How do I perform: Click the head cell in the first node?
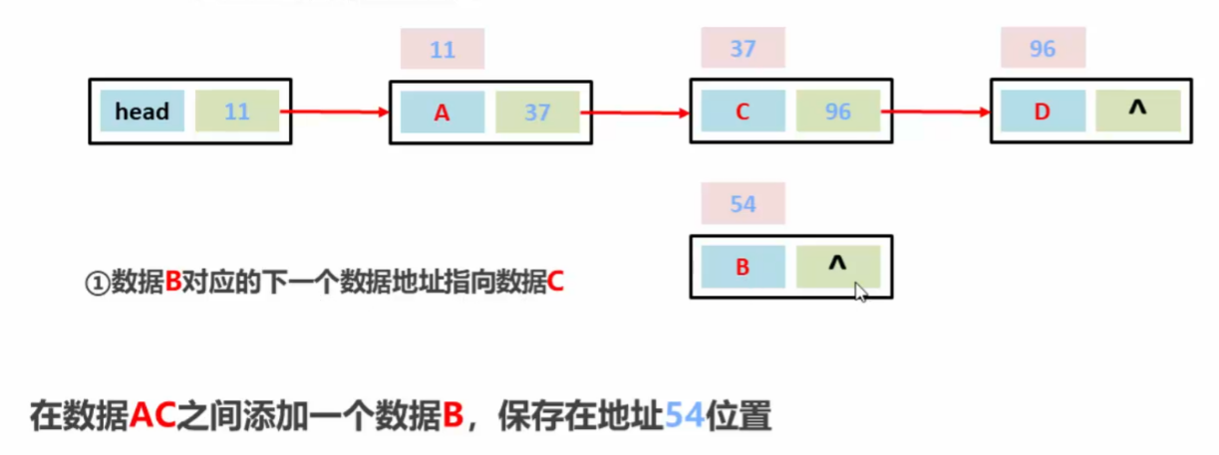click(142, 112)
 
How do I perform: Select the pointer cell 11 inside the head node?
click(237, 112)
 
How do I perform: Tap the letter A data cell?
click(443, 113)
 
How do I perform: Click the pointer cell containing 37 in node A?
click(537, 113)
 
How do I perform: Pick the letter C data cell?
click(743, 113)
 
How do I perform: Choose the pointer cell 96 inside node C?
click(838, 113)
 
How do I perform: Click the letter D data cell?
click(1043, 113)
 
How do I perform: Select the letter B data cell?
click(743, 267)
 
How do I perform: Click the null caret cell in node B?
click(837, 266)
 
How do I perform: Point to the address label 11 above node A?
click(443, 49)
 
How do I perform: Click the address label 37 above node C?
click(743, 49)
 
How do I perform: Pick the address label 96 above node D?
click(1043, 49)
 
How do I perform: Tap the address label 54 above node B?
click(743, 205)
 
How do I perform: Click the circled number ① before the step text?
click(96, 283)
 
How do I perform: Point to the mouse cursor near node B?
click(860, 291)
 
